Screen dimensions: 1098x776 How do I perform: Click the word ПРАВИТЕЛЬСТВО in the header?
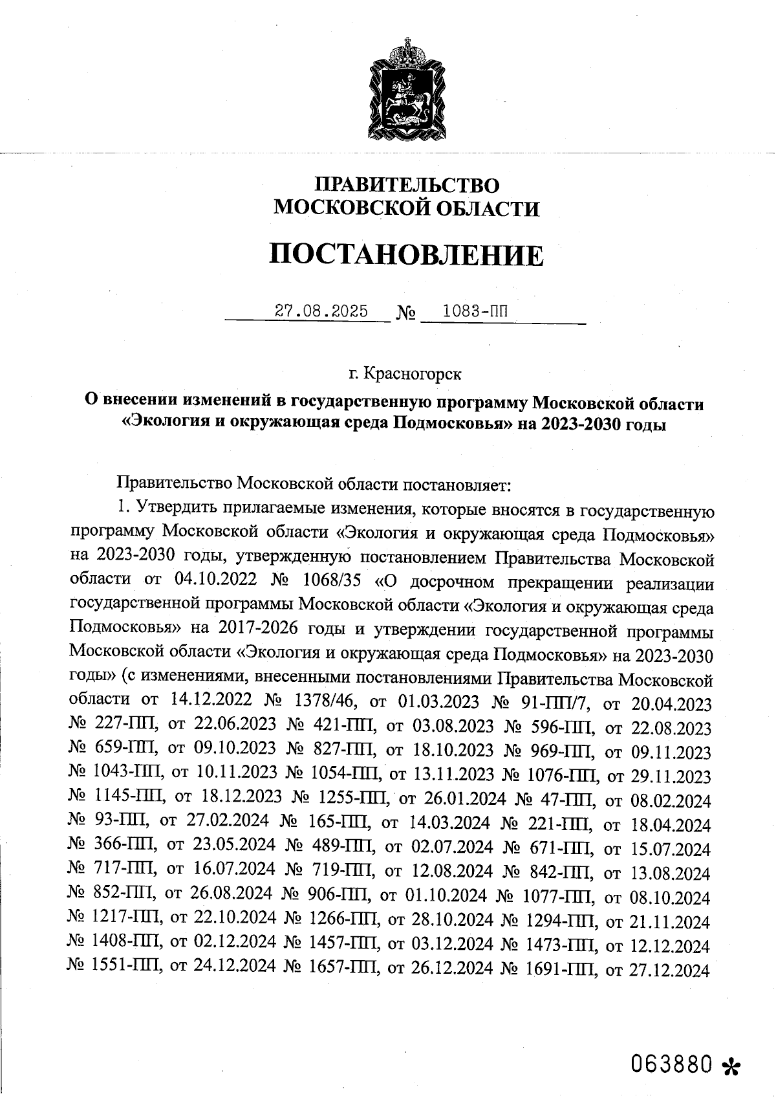407,185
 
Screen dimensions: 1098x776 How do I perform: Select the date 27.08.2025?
321,311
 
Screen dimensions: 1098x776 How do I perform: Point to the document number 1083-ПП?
475,311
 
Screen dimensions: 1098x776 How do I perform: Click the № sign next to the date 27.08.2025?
405,314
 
